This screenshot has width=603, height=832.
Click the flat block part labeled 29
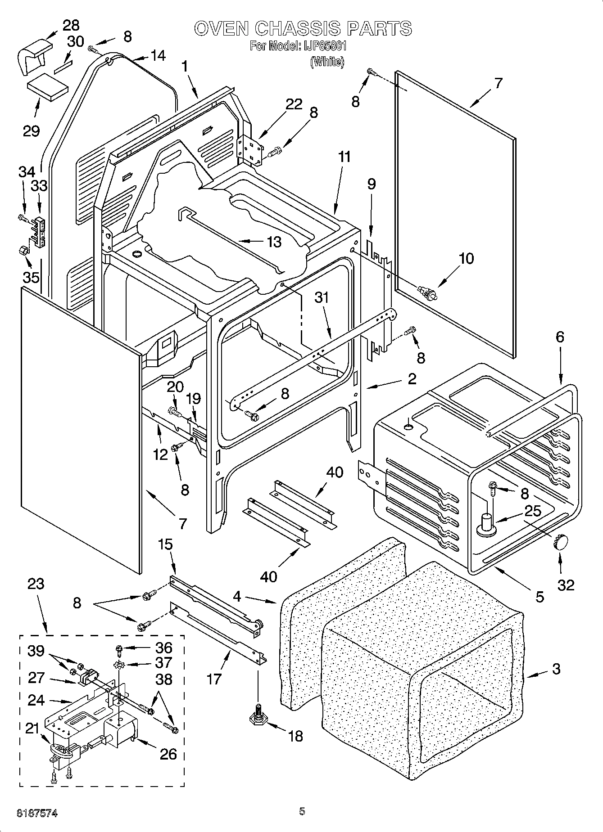pyautogui.click(x=46, y=89)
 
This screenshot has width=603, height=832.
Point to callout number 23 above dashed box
pyautogui.click(x=36, y=584)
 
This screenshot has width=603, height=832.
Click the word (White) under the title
pyautogui.click(x=327, y=62)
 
